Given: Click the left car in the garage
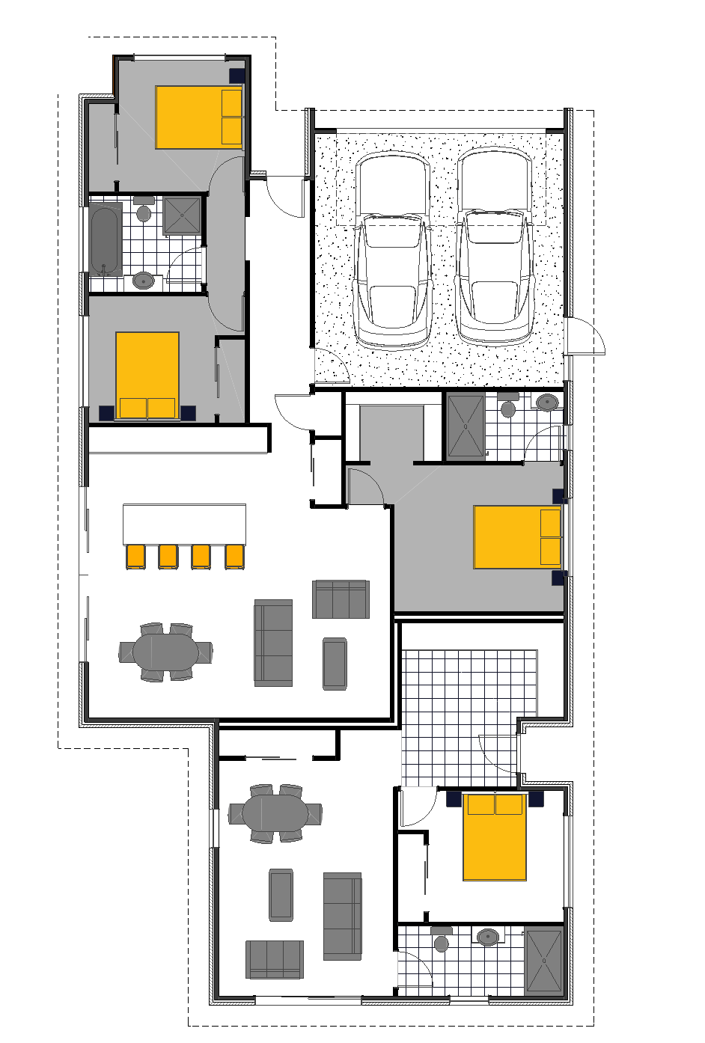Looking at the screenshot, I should (x=393, y=251).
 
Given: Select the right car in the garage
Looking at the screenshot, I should (x=494, y=247).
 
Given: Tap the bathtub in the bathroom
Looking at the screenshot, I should (x=105, y=239).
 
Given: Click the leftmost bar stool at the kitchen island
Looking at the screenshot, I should (x=135, y=557).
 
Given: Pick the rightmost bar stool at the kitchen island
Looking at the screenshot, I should (x=235, y=557).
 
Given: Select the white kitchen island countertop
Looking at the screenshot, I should (x=184, y=523).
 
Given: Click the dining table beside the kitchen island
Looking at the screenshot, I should (x=166, y=652).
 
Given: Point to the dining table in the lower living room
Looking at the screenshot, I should (x=275, y=813).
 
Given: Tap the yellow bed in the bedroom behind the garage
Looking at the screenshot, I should (x=517, y=537).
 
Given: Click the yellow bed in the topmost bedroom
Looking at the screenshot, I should (x=198, y=117).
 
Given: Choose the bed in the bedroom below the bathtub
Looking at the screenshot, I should (x=147, y=376).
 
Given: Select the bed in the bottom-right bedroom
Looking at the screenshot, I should (x=495, y=836).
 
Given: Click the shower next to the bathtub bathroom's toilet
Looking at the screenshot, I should (x=183, y=215).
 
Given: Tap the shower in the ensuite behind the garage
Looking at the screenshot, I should (x=466, y=425).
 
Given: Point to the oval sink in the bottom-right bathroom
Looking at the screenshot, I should (x=489, y=937).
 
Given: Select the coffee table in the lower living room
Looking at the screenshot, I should (x=281, y=894).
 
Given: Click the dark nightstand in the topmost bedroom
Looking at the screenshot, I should (x=237, y=76).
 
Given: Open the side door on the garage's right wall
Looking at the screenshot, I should (x=586, y=335).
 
